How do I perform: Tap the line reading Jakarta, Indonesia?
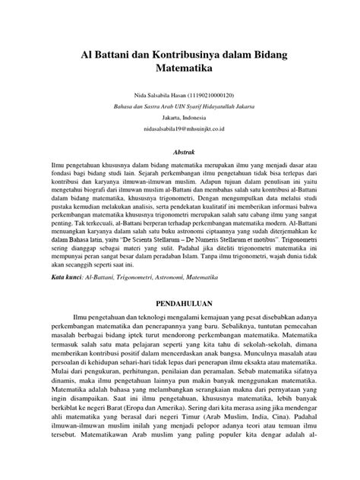180,118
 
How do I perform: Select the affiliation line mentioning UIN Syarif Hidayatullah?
180,107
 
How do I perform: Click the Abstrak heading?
180,152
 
